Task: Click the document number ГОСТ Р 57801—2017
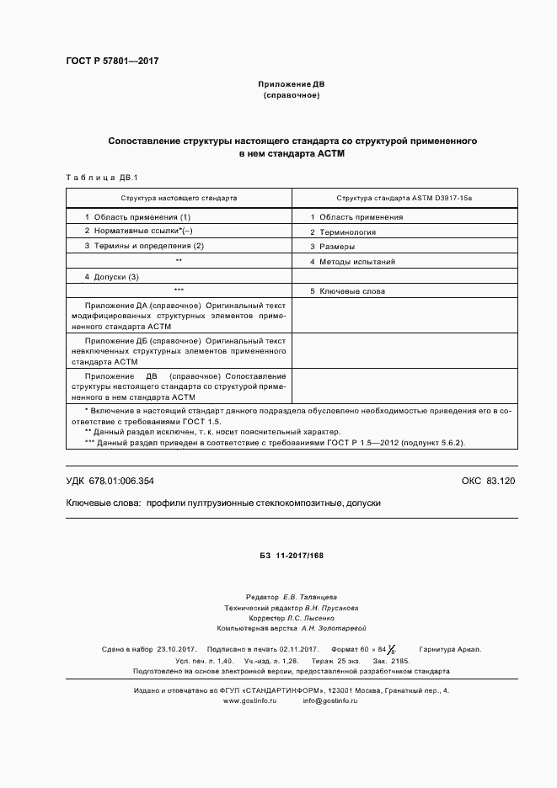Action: click(x=112, y=61)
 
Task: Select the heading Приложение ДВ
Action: click(x=291, y=85)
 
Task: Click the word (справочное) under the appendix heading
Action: click(x=291, y=96)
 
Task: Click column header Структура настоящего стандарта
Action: click(x=179, y=198)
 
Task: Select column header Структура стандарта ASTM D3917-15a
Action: click(x=404, y=198)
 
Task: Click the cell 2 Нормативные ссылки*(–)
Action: click(x=138, y=231)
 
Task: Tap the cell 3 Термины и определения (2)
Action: click(x=144, y=246)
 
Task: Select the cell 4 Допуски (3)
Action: click(x=111, y=277)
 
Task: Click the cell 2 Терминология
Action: click(x=342, y=232)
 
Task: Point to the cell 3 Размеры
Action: click(x=331, y=247)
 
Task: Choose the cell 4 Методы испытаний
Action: click(x=352, y=262)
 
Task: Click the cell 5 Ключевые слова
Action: click(x=347, y=291)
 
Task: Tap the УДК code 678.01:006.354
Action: click(x=110, y=481)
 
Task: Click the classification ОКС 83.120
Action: click(x=488, y=481)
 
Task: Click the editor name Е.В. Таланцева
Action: click(x=310, y=596)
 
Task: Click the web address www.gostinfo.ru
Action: click(x=249, y=701)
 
